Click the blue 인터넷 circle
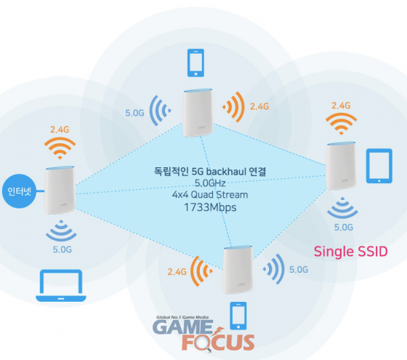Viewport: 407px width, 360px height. pos(19,191)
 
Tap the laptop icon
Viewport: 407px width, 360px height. pos(61,285)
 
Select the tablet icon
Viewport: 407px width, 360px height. pos(379,166)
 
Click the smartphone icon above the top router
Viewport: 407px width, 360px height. pos(196,63)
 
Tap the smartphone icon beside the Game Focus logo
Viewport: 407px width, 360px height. pos(238,316)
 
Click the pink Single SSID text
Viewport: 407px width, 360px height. pos(350,252)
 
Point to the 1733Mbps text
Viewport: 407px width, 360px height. pos(210,207)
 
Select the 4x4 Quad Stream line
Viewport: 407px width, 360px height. pos(210,195)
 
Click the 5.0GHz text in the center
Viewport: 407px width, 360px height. pos(210,183)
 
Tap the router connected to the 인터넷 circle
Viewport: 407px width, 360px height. pos(60,190)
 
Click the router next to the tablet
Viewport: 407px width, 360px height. pos(341,166)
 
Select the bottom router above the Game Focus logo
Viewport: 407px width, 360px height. pos(238,270)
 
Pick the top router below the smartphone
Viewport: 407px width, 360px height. pos(198,113)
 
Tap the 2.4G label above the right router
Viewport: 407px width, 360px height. pos(341,105)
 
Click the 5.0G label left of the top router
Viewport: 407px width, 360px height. pos(134,113)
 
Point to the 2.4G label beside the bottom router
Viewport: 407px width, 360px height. pos(177,272)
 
